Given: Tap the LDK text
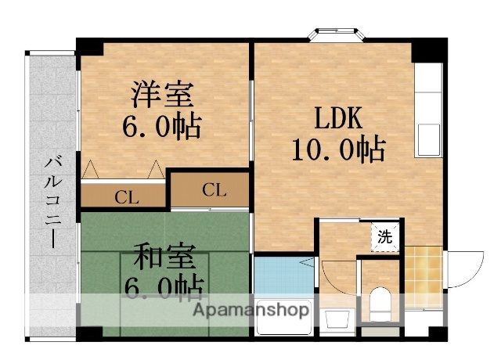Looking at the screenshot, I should click(337, 118).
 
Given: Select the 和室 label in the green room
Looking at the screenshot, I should click(163, 257).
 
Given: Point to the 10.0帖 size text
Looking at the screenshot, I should click(338, 148).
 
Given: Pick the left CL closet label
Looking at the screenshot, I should click(126, 196).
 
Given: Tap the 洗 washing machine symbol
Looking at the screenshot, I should click(385, 237).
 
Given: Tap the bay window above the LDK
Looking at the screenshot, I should click(338, 34).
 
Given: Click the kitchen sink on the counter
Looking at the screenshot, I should click(429, 139).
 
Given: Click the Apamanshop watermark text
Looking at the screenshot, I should click(251, 309).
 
